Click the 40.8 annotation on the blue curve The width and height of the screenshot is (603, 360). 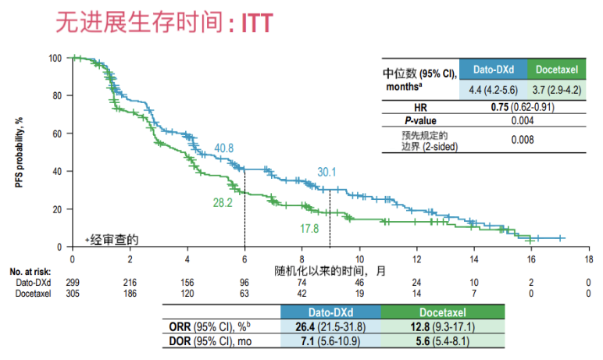click(x=223, y=148)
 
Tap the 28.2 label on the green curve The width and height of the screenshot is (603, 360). click(x=223, y=203)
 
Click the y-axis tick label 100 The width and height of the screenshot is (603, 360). click(x=54, y=58)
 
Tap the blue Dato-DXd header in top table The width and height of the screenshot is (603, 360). click(x=493, y=68)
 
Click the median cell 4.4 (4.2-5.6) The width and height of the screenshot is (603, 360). click(x=493, y=89)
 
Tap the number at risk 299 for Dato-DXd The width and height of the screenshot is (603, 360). click(x=73, y=282)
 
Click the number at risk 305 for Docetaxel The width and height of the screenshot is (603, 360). click(x=73, y=293)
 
